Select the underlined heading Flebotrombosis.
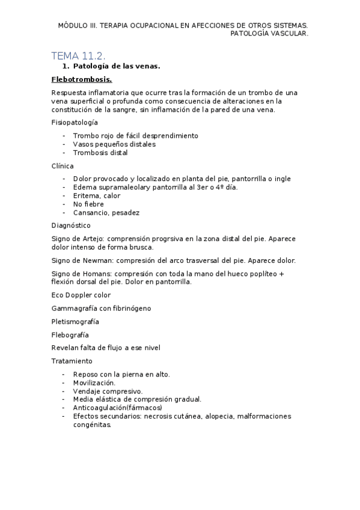[x=82, y=79]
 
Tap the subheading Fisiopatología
[x=75, y=122]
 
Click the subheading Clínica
[x=63, y=165]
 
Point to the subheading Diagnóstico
[x=71, y=226]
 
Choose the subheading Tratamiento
[x=72, y=361]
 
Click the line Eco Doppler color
[x=81, y=295]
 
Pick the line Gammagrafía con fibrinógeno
[x=101, y=308]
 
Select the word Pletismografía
[x=76, y=321]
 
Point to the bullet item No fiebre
[x=88, y=204]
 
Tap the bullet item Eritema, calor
[x=96, y=195]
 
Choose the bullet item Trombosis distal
[x=100, y=153]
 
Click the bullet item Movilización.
[x=94, y=382]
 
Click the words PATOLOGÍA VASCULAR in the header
[x=269, y=34]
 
